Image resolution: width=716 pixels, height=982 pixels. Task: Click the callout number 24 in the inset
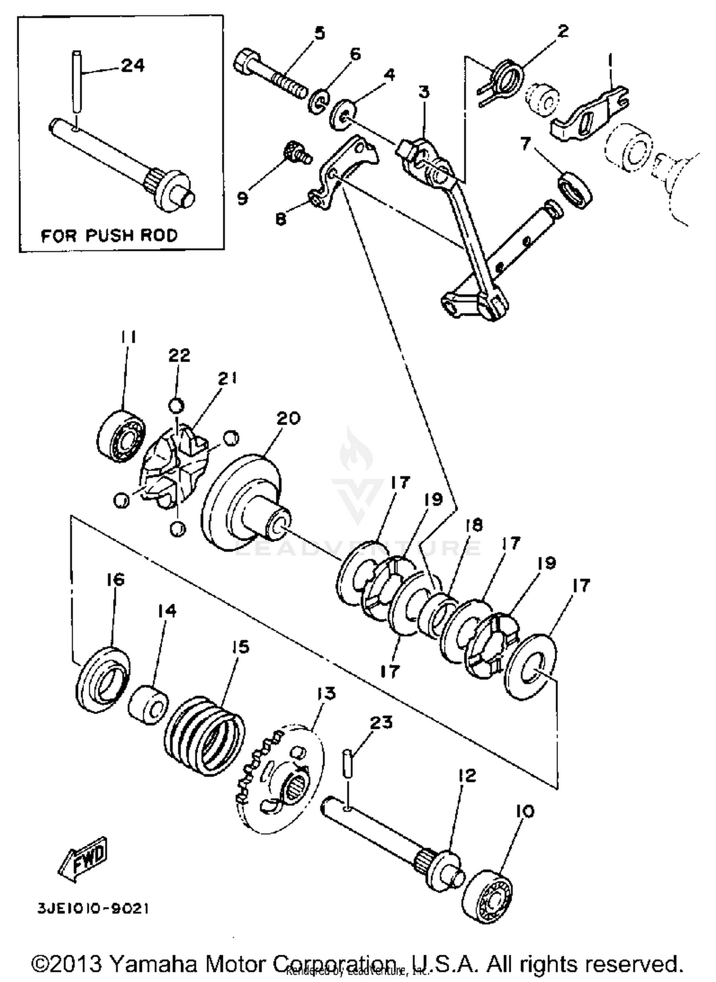[x=133, y=65]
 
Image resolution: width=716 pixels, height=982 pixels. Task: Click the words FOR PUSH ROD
[x=109, y=235]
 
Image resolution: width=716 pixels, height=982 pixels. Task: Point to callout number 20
[x=288, y=418]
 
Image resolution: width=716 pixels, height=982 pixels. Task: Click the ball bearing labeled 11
[x=120, y=435]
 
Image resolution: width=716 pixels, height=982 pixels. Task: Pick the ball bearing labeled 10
[x=488, y=892]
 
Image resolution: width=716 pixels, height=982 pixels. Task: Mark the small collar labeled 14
[x=148, y=704]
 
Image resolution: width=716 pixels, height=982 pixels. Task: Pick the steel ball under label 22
[x=176, y=406]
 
